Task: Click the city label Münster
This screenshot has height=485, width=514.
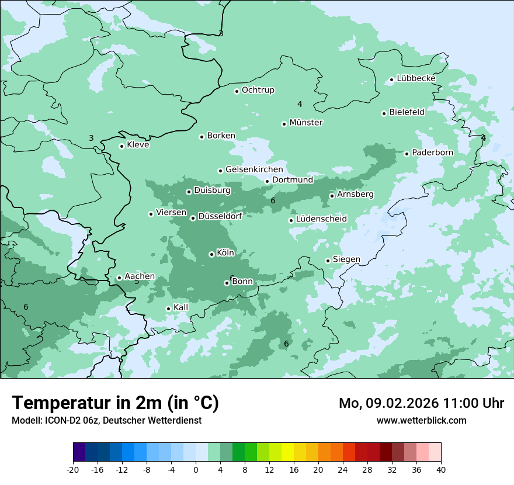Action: pyautogui.click(x=306, y=123)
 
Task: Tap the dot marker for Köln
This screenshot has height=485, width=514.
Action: pyautogui.click(x=211, y=254)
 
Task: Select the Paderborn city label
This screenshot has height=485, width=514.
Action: pyautogui.click(x=432, y=153)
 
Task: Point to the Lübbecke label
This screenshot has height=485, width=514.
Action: pyautogui.click(x=416, y=78)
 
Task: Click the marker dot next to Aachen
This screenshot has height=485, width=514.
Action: pyautogui.click(x=119, y=278)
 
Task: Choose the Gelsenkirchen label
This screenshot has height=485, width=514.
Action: pyautogui.click(x=254, y=169)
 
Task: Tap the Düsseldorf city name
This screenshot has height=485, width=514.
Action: pyautogui.click(x=220, y=216)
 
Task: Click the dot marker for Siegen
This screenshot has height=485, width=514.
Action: pyautogui.click(x=328, y=261)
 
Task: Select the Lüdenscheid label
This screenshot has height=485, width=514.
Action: pyautogui.click(x=321, y=219)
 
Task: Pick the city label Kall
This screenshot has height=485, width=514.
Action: pyautogui.click(x=181, y=307)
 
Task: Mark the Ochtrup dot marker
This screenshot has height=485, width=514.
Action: pyautogui.click(x=237, y=91)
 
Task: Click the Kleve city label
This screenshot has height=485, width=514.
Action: pyautogui.click(x=138, y=145)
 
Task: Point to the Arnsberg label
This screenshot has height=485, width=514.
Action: pyautogui.click(x=355, y=194)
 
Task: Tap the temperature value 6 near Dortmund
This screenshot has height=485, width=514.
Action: pyautogui.click(x=273, y=201)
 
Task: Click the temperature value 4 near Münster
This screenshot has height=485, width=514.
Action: pyautogui.click(x=300, y=105)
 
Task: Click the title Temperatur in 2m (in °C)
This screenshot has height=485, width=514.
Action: pyautogui.click(x=115, y=403)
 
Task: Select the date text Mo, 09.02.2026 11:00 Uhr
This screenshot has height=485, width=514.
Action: pyautogui.click(x=421, y=403)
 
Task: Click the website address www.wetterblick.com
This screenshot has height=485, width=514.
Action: pyautogui.click(x=421, y=421)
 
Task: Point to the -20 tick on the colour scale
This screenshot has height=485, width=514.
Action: pyautogui.click(x=73, y=470)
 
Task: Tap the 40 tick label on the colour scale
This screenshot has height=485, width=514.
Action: pyautogui.click(x=441, y=470)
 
